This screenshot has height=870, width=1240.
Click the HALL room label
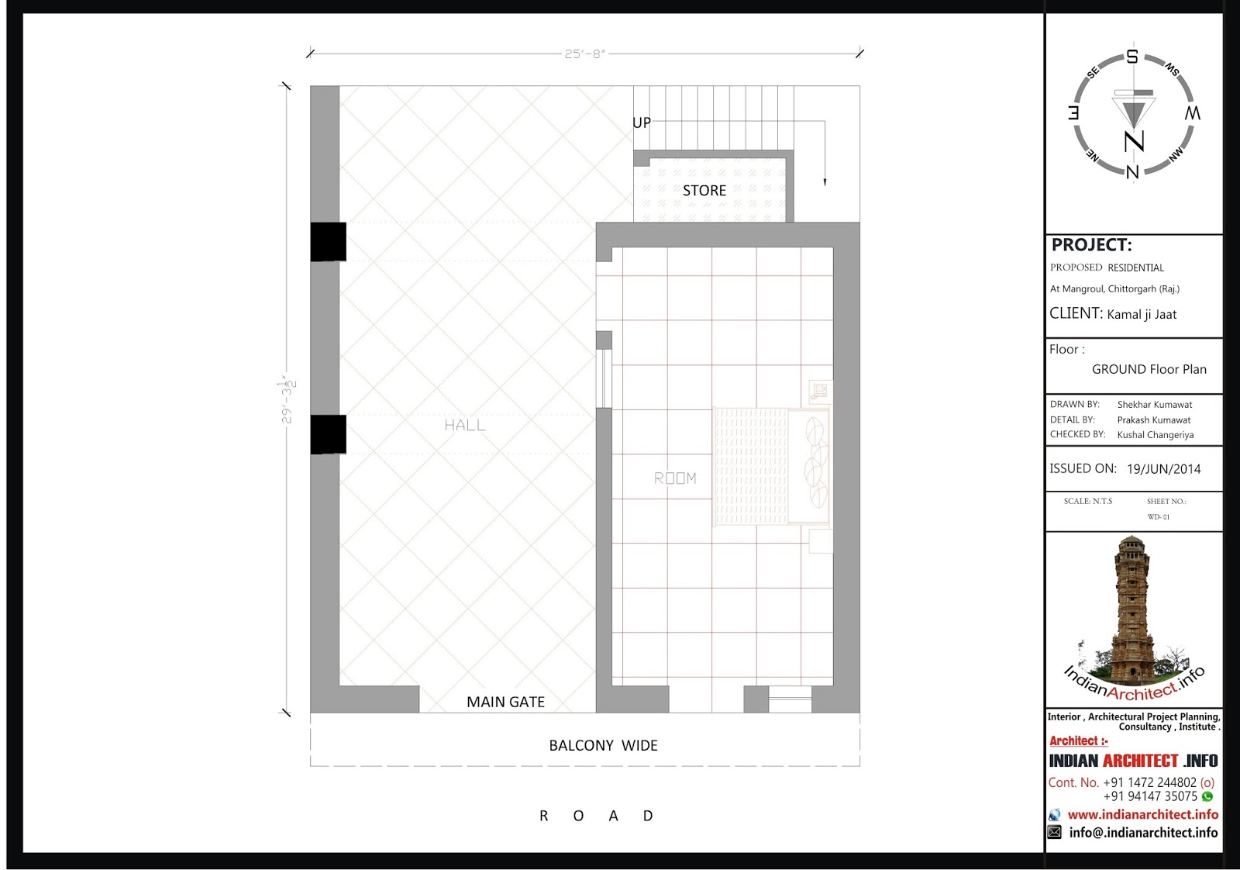pyautogui.click(x=465, y=426)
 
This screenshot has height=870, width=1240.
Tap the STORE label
pyautogui.click(x=704, y=191)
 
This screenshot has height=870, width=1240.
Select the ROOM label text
pyautogui.click(x=675, y=478)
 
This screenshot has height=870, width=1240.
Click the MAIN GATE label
pyautogui.click(x=505, y=702)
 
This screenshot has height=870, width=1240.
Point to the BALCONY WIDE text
pyautogui.click(x=603, y=745)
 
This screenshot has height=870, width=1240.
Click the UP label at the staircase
pyautogui.click(x=642, y=123)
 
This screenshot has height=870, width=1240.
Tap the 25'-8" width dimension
pyautogui.click(x=585, y=54)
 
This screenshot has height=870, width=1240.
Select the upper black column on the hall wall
pyautogui.click(x=329, y=241)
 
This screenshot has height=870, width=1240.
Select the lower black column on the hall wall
pyautogui.click(x=329, y=434)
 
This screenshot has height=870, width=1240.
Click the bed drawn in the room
pyautogui.click(x=772, y=466)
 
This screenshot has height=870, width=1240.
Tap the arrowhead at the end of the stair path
pyautogui.click(x=825, y=182)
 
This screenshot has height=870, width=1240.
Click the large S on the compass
pyautogui.click(x=1132, y=57)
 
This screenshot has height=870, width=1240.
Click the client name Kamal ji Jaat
pyautogui.click(x=1142, y=315)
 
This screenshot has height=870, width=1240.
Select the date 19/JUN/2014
pyautogui.click(x=1163, y=469)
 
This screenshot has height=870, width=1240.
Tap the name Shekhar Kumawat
pyautogui.click(x=1155, y=405)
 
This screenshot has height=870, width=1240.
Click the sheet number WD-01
pyautogui.click(x=1159, y=517)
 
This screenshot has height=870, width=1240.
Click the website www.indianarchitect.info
pyautogui.click(x=1142, y=815)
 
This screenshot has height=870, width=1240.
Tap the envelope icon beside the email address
pyautogui.click(x=1055, y=832)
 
